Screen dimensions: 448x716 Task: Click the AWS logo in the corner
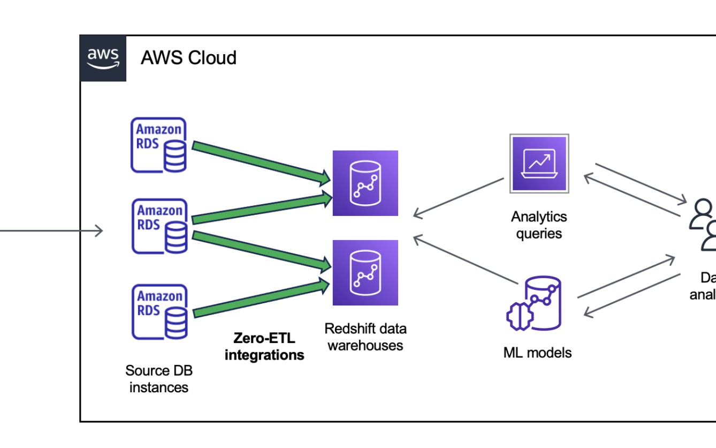[x=103, y=58]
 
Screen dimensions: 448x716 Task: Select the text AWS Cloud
[x=188, y=57]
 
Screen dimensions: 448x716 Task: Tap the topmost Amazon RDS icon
[x=159, y=145]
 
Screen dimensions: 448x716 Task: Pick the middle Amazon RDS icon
[x=159, y=226]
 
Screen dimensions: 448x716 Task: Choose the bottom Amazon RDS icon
[x=159, y=312]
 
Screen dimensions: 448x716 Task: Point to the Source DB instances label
[x=159, y=378]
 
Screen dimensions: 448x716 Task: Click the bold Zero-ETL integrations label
[x=264, y=346]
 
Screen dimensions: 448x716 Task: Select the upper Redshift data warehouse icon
[x=365, y=183]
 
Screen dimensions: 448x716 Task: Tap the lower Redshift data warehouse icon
[x=365, y=273]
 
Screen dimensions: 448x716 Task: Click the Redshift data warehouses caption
[x=365, y=337]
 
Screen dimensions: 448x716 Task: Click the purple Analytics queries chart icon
[x=539, y=163]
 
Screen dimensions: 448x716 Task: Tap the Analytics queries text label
[x=539, y=225]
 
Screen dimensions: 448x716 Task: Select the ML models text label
[x=537, y=353]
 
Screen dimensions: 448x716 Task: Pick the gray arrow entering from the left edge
[x=51, y=231]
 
